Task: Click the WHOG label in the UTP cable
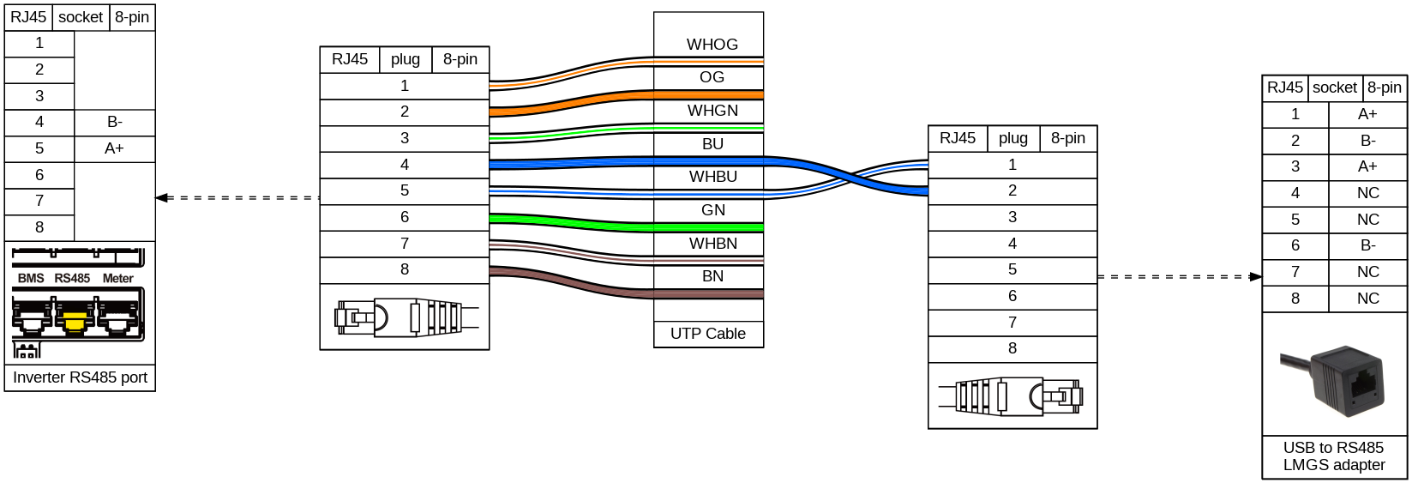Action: click(712, 45)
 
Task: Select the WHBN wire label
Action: click(712, 244)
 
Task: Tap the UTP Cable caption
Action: click(708, 334)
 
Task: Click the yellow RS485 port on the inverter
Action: click(75, 320)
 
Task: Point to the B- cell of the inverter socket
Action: click(114, 122)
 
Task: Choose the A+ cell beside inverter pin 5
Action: click(114, 148)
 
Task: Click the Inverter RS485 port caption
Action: click(80, 377)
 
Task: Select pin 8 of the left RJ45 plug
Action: click(405, 269)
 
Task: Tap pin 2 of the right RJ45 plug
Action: click(1012, 190)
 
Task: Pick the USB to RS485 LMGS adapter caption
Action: click(1334, 456)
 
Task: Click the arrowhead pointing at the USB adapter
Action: click(1256, 277)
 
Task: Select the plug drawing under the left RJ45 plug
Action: click(405, 317)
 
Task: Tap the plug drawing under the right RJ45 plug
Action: click(1012, 396)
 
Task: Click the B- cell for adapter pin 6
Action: click(1367, 245)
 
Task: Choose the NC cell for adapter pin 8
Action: click(1367, 299)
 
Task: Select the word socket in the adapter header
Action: click(1335, 88)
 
